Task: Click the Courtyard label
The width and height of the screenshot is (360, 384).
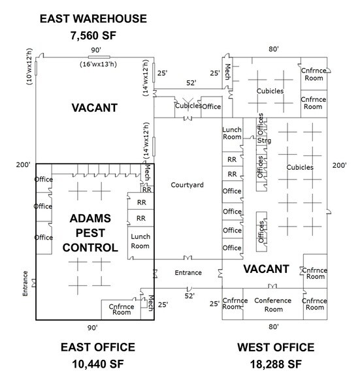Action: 187,185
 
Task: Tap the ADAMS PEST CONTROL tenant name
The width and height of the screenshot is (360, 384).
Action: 90,233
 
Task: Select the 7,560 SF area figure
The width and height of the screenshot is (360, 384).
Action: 93,35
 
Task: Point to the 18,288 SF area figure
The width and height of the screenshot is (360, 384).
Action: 276,364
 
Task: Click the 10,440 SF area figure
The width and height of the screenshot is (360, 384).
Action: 98,364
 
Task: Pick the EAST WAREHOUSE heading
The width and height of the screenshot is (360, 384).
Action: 93,19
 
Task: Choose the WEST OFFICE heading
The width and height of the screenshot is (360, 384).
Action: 276,347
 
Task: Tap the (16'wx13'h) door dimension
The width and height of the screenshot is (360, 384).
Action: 98,64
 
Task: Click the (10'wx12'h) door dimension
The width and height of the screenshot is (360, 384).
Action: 29,67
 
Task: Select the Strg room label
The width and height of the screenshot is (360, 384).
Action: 264,140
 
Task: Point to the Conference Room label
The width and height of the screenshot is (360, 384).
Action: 273,305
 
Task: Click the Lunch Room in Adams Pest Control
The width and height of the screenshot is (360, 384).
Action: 140,241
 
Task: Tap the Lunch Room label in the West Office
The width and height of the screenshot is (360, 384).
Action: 232,133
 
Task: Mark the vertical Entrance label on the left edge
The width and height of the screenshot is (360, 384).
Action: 25,283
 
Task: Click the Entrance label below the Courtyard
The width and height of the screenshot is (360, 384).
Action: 188,272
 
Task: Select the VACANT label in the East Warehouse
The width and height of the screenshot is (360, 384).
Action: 95,108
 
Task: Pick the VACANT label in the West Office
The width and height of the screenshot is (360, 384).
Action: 266,269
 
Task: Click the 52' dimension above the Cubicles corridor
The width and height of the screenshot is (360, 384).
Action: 191,83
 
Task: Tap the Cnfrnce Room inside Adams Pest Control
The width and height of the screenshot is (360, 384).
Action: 122,310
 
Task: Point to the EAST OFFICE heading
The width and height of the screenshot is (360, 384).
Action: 98,347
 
